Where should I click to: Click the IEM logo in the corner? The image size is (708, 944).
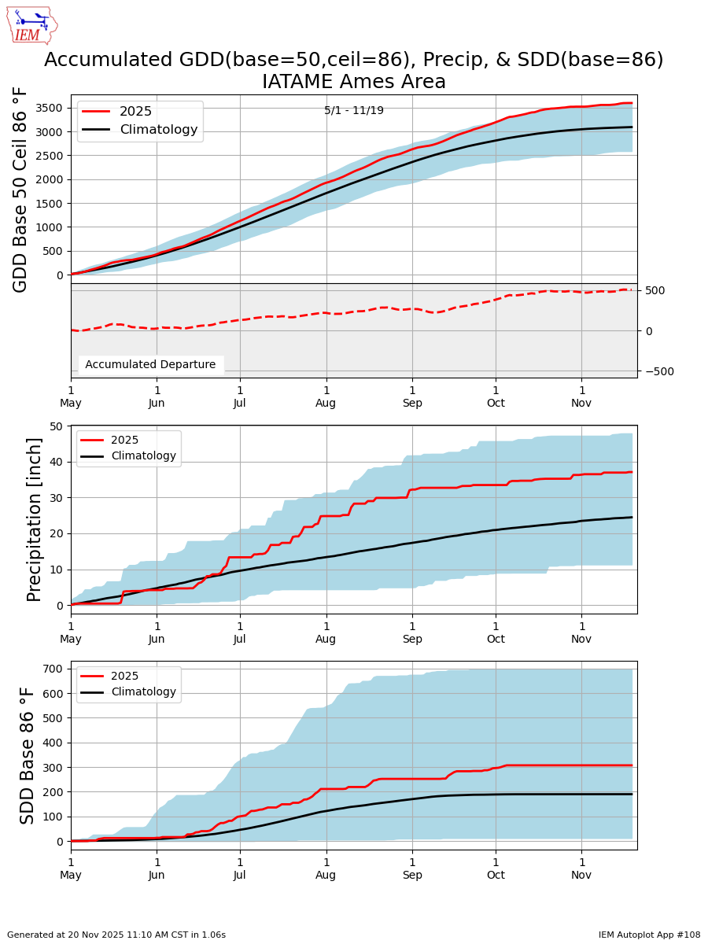pyautogui.click(x=31, y=25)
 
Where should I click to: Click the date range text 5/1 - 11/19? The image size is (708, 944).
pyautogui.click(x=354, y=110)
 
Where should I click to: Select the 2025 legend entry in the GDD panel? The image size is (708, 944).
pyautogui.click(x=118, y=112)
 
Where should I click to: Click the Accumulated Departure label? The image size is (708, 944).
pyautogui.click(x=150, y=364)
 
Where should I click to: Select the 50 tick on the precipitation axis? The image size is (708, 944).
pyautogui.click(x=56, y=426)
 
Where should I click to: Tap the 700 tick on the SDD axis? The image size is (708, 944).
pyautogui.click(x=53, y=669)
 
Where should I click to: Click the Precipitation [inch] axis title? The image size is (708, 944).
pyautogui.click(x=35, y=519)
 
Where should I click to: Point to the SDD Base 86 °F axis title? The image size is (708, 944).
pyautogui.click(x=28, y=755)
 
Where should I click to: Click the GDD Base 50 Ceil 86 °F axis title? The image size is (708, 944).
pyautogui.click(x=21, y=189)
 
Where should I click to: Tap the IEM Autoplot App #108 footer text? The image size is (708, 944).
pyautogui.click(x=649, y=935)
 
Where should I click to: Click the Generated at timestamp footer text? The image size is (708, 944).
pyautogui.click(x=116, y=935)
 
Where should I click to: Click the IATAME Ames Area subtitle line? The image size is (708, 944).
pyautogui.click(x=354, y=82)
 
